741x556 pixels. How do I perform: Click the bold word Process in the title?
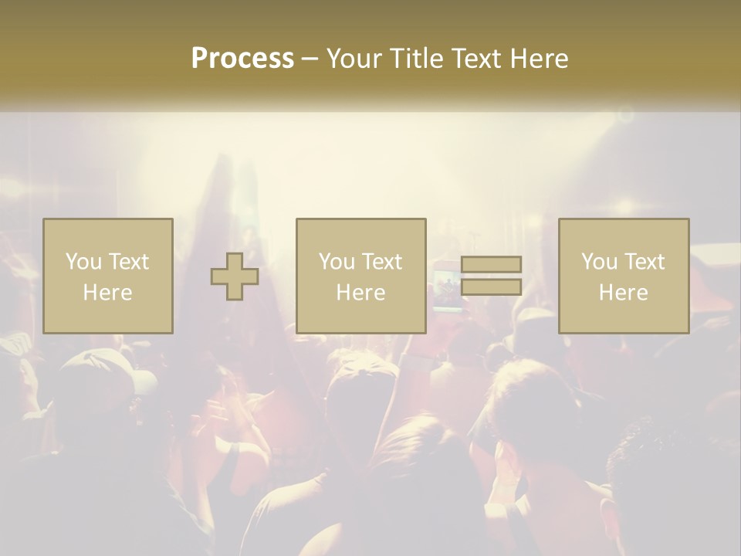pyautogui.click(x=242, y=59)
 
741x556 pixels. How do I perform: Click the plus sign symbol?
pyautogui.click(x=235, y=276)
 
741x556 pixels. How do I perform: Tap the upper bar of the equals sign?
pyautogui.click(x=491, y=264)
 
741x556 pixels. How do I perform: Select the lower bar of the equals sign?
pyautogui.click(x=491, y=287)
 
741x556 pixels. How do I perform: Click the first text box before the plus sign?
pyautogui.click(x=108, y=276)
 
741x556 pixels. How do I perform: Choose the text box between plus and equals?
pyautogui.click(x=360, y=276)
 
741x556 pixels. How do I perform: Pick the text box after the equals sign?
pyautogui.click(x=624, y=276)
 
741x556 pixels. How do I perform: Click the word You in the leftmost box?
pyautogui.click(x=83, y=262)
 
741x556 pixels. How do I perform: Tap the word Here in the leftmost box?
pyautogui.click(x=108, y=293)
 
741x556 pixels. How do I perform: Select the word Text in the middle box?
pyautogui.click(x=381, y=262)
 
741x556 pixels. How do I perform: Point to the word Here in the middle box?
pyautogui.click(x=360, y=293)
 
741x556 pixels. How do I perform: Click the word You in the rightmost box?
pyautogui.click(x=599, y=262)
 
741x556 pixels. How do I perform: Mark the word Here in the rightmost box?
pyautogui.click(x=624, y=293)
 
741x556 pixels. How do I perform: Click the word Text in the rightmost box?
pyautogui.click(x=645, y=262)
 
